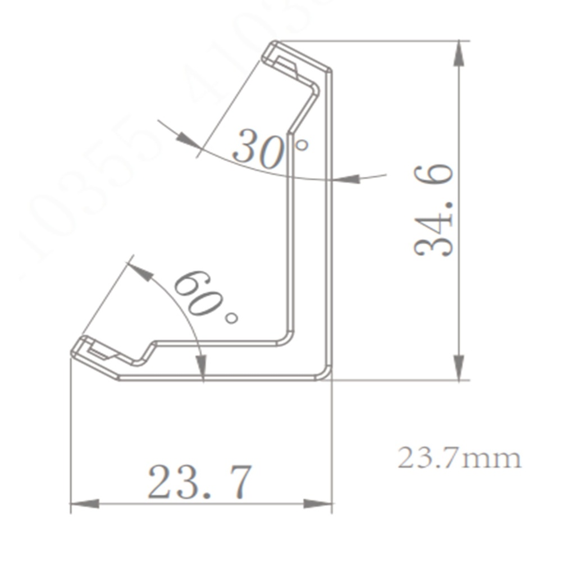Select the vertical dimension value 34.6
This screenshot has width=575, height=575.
click(434, 211)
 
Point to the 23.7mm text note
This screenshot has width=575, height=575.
click(459, 458)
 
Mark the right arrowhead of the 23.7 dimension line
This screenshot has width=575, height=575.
click(319, 504)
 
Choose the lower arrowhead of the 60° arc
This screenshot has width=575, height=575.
click(203, 367)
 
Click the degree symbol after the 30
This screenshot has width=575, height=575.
click(302, 145)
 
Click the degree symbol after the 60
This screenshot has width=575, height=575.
click(231, 318)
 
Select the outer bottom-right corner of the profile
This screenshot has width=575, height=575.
click(328, 375)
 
